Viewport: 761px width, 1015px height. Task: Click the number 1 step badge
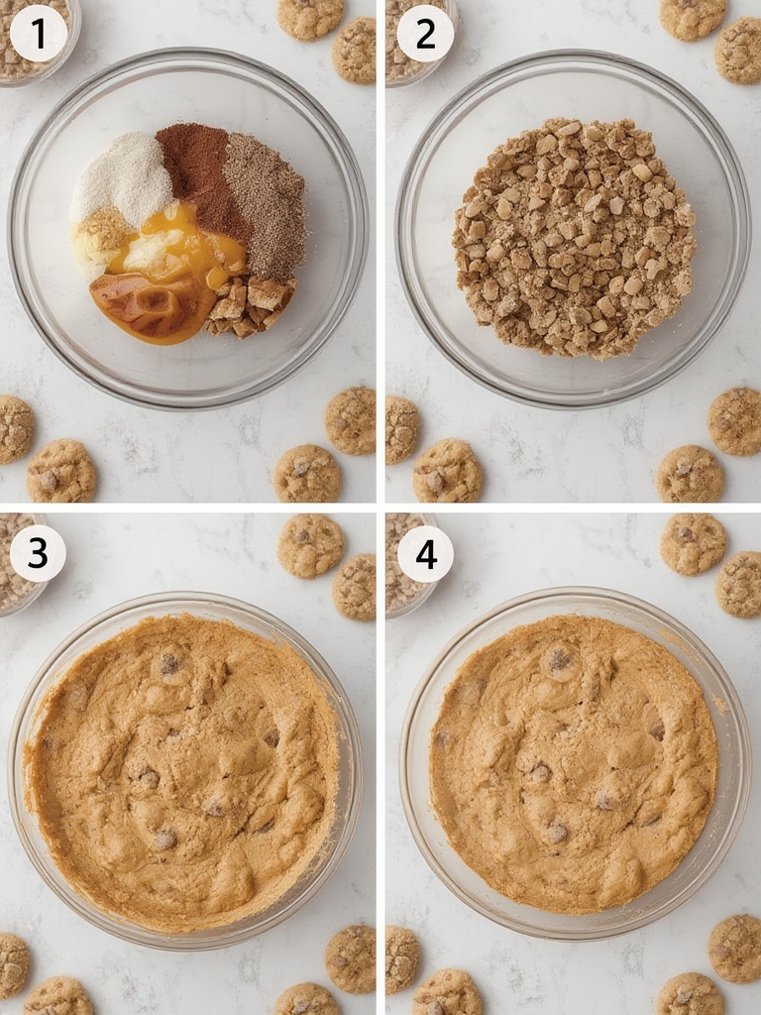[x=39, y=34]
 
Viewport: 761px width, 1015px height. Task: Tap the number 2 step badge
[x=425, y=34]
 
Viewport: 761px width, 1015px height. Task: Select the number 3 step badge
[x=38, y=553]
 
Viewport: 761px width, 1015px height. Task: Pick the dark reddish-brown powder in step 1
[x=199, y=169]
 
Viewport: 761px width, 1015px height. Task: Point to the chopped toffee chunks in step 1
[x=253, y=302]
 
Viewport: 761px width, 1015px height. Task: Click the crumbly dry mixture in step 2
[x=573, y=238]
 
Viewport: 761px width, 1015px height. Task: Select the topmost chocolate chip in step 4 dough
[x=560, y=659]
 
